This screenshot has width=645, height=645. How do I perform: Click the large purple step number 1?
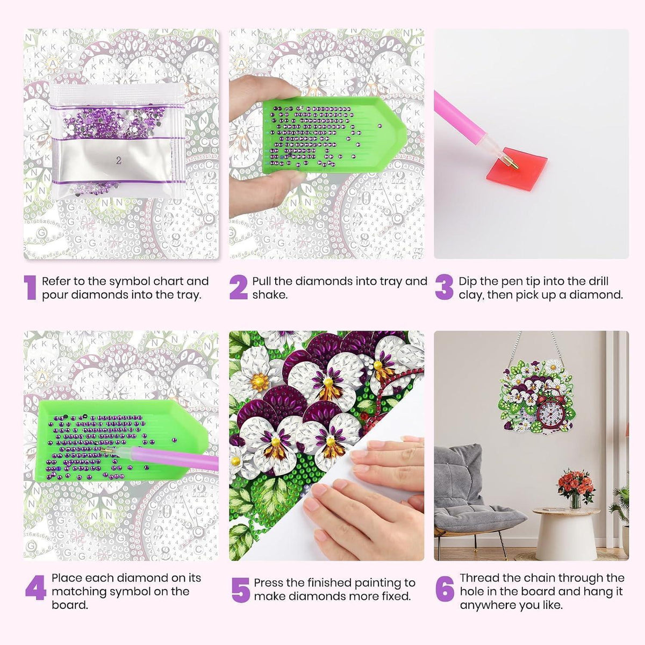(x=31, y=287)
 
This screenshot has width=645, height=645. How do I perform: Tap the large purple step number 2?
(x=239, y=287)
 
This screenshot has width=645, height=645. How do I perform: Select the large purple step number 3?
(x=444, y=287)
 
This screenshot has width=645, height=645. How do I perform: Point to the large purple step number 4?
(x=35, y=588)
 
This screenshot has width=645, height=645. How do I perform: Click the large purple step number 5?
(x=241, y=590)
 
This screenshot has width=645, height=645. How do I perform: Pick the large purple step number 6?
(x=445, y=589)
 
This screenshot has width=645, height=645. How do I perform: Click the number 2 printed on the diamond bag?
(x=118, y=161)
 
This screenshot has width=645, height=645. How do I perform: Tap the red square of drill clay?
(x=517, y=169)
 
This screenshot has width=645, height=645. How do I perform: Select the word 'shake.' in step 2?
(x=270, y=295)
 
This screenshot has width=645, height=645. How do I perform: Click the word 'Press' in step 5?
(x=268, y=583)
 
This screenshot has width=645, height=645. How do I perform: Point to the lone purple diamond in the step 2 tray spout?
(x=379, y=126)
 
